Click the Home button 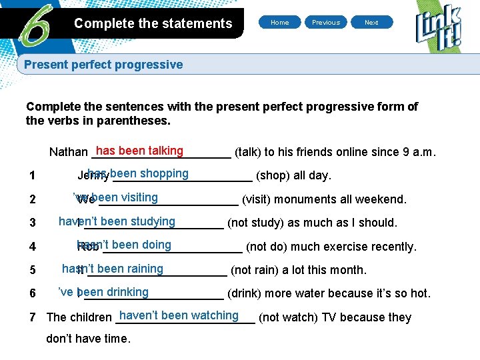(x=280, y=23)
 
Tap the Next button (x=371, y=23)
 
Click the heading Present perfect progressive (x=103, y=65)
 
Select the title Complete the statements (x=153, y=24)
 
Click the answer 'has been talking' (x=139, y=151)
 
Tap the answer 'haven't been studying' (x=117, y=221)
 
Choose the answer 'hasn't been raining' (x=113, y=269)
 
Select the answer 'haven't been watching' (x=179, y=315)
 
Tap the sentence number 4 (x=33, y=247)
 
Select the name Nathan (x=68, y=153)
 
